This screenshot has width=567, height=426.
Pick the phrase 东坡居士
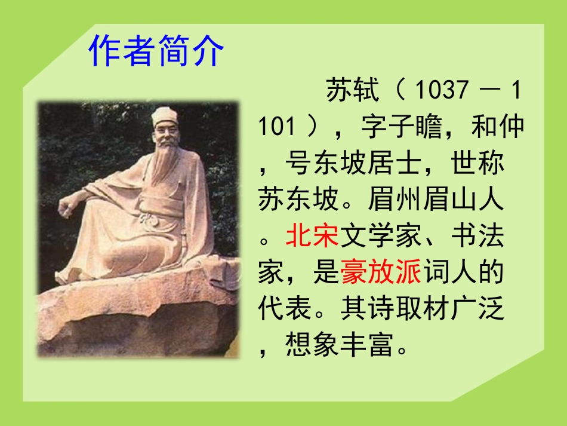click(x=353, y=163)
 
